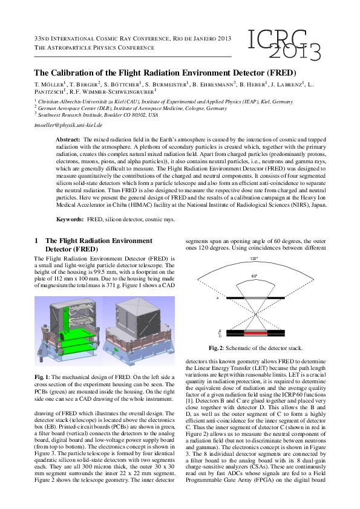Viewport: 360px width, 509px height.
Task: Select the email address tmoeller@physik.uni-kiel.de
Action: pos(68,125)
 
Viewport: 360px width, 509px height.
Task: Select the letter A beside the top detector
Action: pos(217,298)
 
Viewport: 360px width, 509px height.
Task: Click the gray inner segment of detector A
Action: pos(255,297)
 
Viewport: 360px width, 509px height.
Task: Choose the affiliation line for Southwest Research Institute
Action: pos(97,114)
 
